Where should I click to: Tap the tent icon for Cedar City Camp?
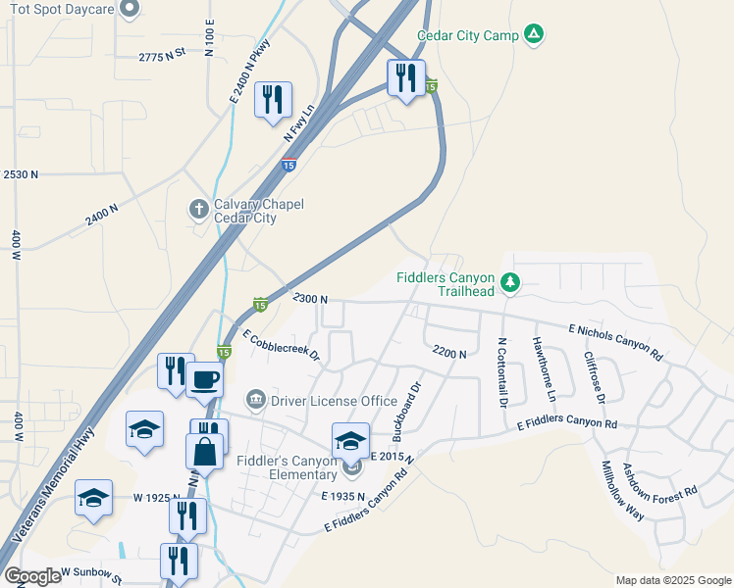click(x=533, y=35)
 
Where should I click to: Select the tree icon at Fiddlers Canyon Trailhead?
click(x=509, y=283)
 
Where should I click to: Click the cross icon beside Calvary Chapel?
click(x=198, y=209)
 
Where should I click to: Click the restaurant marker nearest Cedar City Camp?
click(x=406, y=77)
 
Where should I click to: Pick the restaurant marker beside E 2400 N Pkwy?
click(x=273, y=100)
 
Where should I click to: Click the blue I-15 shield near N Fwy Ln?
click(x=288, y=165)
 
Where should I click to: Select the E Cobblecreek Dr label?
click(x=282, y=346)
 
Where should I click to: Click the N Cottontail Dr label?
click(x=502, y=373)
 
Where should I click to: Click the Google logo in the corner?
click(x=31, y=576)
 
